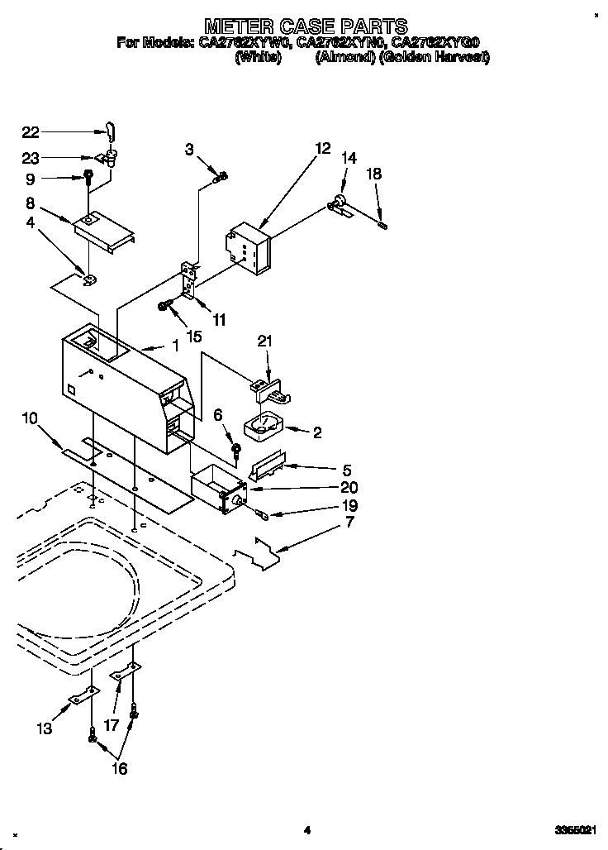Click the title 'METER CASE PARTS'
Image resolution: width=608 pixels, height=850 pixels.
[x=306, y=25]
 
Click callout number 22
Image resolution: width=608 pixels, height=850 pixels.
[x=31, y=131]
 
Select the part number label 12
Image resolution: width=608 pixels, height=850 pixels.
[x=322, y=149]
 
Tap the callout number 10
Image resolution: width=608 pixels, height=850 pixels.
[x=31, y=419]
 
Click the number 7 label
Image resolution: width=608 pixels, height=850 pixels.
[x=350, y=523]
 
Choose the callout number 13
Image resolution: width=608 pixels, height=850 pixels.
[x=44, y=728]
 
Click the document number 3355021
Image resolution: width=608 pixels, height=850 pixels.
[x=570, y=830]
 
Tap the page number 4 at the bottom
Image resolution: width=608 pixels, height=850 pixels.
[x=306, y=830]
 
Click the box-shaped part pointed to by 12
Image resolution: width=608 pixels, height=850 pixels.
[x=249, y=247]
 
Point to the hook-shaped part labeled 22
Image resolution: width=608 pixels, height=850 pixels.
[x=111, y=130]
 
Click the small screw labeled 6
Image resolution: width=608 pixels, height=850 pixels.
[x=236, y=451]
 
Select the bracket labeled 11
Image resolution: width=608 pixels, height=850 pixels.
[x=189, y=281]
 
